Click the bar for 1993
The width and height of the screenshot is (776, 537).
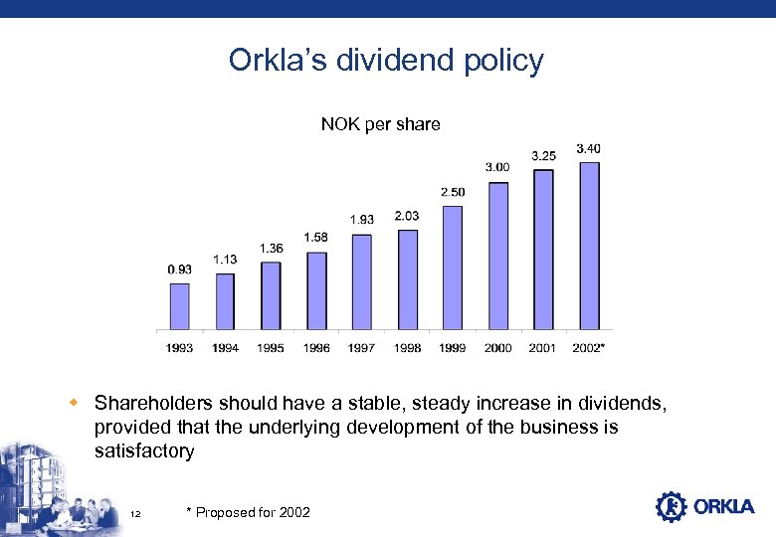(x=179, y=306)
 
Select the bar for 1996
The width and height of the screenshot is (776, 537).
(x=316, y=290)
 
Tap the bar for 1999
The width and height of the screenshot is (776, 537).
(x=453, y=268)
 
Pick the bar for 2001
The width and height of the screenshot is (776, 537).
(x=543, y=250)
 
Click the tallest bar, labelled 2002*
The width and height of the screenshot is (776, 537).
(x=589, y=246)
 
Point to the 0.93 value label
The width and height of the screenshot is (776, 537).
(x=180, y=269)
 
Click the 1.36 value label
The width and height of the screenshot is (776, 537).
(x=271, y=248)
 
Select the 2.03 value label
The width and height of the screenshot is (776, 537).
(x=407, y=216)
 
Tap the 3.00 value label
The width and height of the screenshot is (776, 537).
(x=497, y=167)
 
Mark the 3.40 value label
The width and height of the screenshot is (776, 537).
(x=588, y=149)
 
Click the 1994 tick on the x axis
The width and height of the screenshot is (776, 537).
(x=225, y=348)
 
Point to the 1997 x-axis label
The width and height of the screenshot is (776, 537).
(x=361, y=348)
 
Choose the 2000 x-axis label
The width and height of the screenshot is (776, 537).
(x=497, y=348)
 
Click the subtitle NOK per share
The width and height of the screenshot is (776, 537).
(x=380, y=124)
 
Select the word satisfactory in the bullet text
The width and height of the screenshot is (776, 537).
(x=144, y=451)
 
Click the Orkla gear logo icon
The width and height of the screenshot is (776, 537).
(x=672, y=506)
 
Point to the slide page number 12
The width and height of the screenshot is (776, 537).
(x=135, y=513)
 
